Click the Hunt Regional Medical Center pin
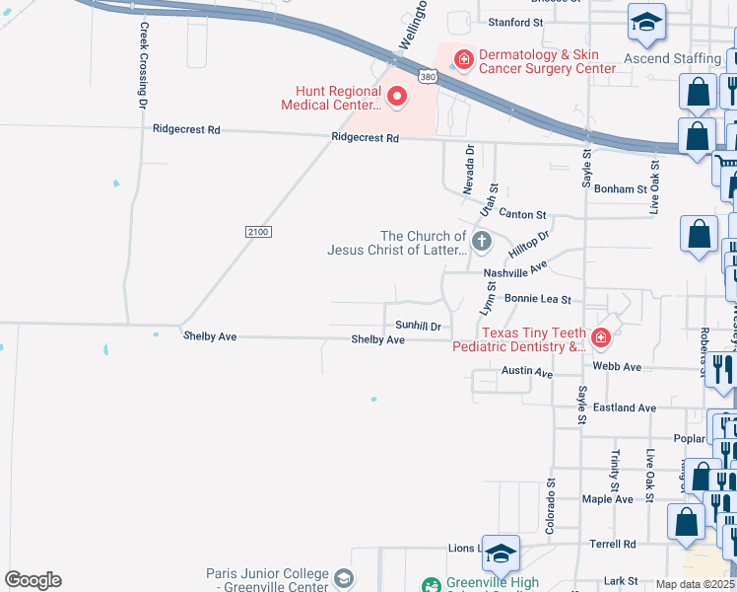pyautogui.click(x=397, y=96)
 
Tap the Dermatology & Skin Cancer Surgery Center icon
pyautogui.click(x=463, y=58)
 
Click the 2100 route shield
pyautogui.click(x=257, y=231)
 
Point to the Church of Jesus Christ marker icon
pyautogui.click(x=482, y=240)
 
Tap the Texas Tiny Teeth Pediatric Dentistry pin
pyautogui.click(x=600, y=340)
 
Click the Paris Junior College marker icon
pyautogui.click(x=343, y=578)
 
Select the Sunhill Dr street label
pyautogui.click(x=418, y=325)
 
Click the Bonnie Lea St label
pyautogui.click(x=537, y=298)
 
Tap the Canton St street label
pyautogui.click(x=522, y=214)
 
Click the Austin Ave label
pyautogui.click(x=527, y=371)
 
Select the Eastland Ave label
pyautogui.click(x=632, y=407)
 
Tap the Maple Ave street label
pyautogui.click(x=608, y=499)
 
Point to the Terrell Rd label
pyautogui.click(x=613, y=544)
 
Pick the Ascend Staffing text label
pyautogui.click(x=673, y=58)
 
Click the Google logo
pyautogui.click(x=33, y=580)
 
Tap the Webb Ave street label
pyautogui.click(x=617, y=367)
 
